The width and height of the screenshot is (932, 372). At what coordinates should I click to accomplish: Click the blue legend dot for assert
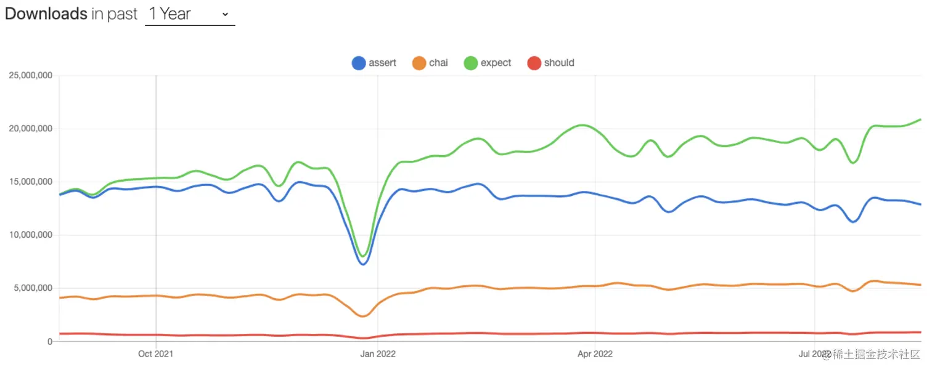[x=359, y=63]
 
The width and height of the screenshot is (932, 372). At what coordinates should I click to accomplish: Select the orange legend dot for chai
[x=419, y=63]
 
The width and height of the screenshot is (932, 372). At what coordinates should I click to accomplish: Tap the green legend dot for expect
[x=471, y=63]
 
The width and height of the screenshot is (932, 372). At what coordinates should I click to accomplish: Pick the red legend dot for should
[x=534, y=63]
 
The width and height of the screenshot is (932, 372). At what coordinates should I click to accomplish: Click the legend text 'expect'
[x=496, y=63]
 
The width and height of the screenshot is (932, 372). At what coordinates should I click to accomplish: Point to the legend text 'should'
[x=559, y=63]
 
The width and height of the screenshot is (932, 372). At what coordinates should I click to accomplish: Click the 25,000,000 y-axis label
[x=30, y=76]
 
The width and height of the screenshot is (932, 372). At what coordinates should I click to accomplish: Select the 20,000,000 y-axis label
[x=30, y=129]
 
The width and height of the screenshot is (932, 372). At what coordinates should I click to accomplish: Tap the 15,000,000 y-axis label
[x=30, y=182]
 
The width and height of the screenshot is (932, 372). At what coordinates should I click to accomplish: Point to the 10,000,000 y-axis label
[x=30, y=235]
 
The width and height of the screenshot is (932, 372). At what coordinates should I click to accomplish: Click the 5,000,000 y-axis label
[x=33, y=288]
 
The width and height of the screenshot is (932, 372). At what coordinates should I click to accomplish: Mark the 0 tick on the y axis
[x=50, y=341]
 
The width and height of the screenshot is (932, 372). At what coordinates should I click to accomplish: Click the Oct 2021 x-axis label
[x=156, y=354]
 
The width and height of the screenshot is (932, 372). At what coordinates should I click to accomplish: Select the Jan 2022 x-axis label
[x=378, y=354]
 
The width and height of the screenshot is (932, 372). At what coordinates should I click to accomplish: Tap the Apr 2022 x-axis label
[x=595, y=354]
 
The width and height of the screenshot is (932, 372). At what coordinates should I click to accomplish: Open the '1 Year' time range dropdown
[x=189, y=14]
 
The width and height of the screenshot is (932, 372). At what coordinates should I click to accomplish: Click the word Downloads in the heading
[x=46, y=14]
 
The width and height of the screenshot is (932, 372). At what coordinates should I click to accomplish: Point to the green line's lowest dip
[x=363, y=256]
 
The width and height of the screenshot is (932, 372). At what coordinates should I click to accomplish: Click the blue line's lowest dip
[x=363, y=264]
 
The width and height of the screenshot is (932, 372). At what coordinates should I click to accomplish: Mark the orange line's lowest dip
[x=363, y=317]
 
